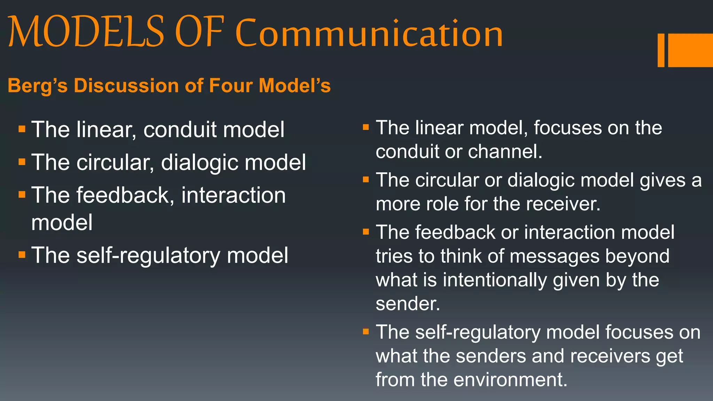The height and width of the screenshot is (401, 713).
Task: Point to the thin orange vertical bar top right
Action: (x=661, y=50)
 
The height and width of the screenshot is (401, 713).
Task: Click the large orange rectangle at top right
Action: (x=690, y=50)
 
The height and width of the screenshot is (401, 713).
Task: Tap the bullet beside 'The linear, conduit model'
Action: (x=22, y=129)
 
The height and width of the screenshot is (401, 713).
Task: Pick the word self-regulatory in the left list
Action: (x=148, y=255)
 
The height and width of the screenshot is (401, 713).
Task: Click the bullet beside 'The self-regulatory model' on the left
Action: (x=22, y=255)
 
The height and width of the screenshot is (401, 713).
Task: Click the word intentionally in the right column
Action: (x=495, y=280)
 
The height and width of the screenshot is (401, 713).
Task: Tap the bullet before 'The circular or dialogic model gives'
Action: (x=366, y=180)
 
